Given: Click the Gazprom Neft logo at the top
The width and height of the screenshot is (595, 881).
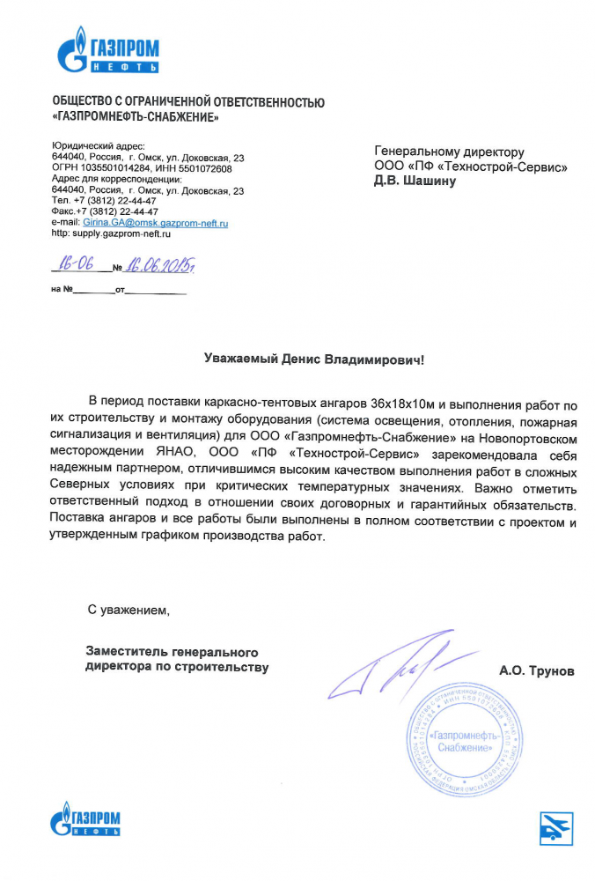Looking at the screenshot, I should coord(107,50).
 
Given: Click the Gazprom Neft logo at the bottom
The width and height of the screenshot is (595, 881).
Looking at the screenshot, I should coord(84,822).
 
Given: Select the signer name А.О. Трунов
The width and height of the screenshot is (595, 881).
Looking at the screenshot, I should coord(536,671).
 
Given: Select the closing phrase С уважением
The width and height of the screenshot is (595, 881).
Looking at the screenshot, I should coord(126,610).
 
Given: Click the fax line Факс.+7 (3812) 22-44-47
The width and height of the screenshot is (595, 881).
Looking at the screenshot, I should coord(105,211).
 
